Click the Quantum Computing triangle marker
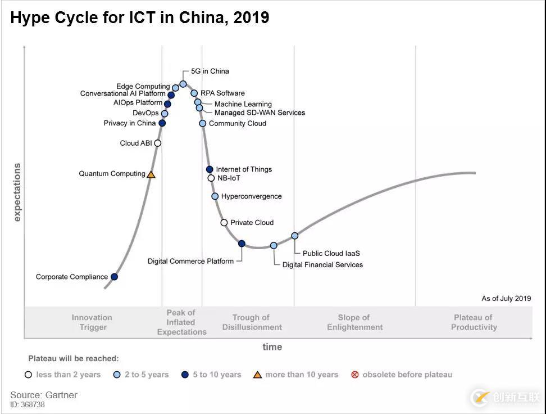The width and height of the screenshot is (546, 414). (151, 175)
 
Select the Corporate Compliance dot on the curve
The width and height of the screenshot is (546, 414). (114, 277)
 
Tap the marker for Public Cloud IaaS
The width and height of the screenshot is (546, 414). (294, 236)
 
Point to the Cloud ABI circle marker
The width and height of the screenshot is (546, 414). (158, 143)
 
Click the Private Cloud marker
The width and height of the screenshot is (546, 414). (224, 223)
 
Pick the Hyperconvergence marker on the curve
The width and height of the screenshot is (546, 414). (215, 196)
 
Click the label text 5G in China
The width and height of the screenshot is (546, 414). (210, 71)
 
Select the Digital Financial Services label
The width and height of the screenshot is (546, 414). (322, 265)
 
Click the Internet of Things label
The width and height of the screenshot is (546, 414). (244, 169)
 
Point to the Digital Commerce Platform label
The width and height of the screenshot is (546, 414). (190, 261)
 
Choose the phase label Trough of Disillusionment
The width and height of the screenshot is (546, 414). (252, 322)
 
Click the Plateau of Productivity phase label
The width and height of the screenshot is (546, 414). (474, 322)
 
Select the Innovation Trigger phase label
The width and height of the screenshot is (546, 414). (92, 322)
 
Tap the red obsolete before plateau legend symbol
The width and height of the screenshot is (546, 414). (354, 375)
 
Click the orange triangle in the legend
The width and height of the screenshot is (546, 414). (257, 375)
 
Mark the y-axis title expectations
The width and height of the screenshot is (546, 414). (17, 192)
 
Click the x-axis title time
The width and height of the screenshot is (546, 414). (272, 347)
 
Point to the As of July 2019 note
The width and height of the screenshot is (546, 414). (506, 299)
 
